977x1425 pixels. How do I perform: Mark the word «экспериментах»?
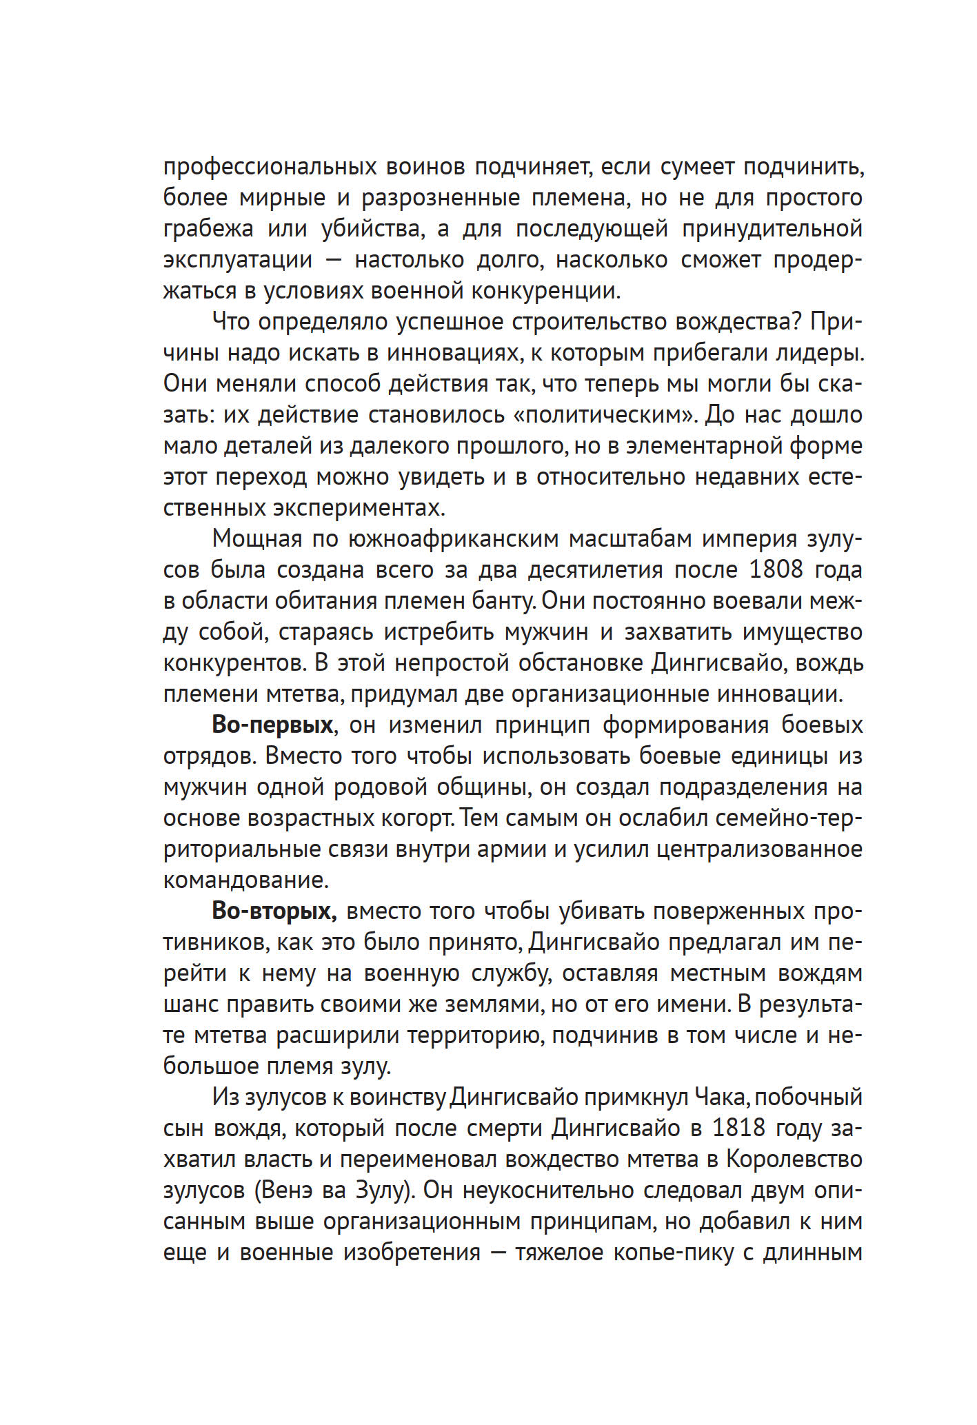pyautogui.click(x=359, y=509)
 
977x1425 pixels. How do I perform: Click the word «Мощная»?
pyautogui.click(x=257, y=539)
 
